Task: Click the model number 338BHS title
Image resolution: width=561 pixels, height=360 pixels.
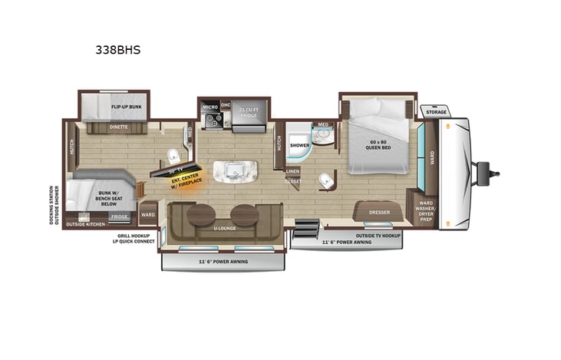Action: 119,51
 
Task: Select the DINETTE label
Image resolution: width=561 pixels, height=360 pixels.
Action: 117,127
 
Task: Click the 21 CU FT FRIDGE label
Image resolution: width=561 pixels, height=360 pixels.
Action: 249,114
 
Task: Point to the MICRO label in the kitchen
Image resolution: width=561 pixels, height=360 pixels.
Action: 210,106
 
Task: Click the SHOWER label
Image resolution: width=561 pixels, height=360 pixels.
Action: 299,144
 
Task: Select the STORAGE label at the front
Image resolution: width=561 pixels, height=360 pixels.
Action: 437,112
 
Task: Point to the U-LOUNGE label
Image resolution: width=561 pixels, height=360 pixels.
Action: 224,229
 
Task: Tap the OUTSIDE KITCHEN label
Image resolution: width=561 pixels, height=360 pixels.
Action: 86,224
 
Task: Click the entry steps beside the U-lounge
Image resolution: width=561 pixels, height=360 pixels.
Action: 305,228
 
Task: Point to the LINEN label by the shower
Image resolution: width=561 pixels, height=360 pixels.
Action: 292,170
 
